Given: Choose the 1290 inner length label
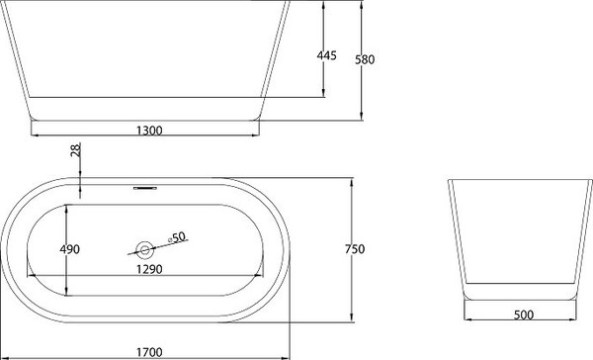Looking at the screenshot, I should tap(148, 269).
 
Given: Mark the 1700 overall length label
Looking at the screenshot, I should tap(148, 351).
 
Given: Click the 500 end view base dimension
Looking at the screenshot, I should tap(524, 315).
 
